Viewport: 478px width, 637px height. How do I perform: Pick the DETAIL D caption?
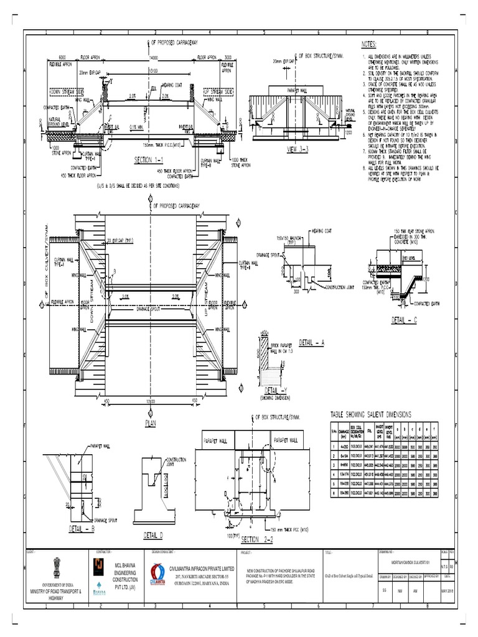click(x=153, y=535)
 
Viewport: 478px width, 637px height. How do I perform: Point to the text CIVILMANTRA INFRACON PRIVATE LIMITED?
click(x=202, y=568)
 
